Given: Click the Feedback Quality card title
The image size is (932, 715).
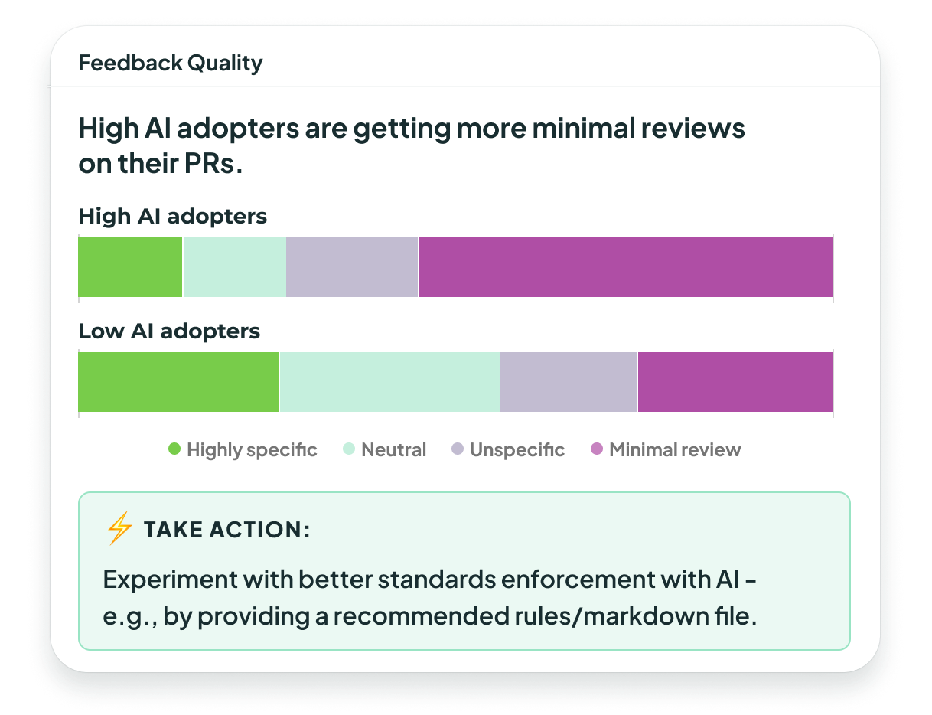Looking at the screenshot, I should click(x=170, y=63).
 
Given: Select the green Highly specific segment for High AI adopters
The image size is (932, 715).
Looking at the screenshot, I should click(x=130, y=266).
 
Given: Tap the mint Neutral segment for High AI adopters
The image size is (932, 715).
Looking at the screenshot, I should click(x=234, y=266).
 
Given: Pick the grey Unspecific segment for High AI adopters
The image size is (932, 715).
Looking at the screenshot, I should click(x=352, y=266).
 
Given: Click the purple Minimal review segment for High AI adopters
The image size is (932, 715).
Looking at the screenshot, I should click(x=625, y=266).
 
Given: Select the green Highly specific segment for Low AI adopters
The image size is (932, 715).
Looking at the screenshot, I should click(x=178, y=382).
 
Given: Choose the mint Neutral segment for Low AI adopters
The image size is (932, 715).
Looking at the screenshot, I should click(x=389, y=382).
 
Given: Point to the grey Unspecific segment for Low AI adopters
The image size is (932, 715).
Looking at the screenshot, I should click(x=569, y=382).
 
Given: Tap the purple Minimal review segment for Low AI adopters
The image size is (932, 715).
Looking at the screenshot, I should click(x=735, y=382).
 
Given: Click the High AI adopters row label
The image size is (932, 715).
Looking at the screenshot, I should click(x=172, y=217).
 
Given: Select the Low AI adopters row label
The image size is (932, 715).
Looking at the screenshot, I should click(x=169, y=331).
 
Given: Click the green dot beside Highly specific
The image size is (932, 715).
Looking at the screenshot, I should click(x=174, y=449).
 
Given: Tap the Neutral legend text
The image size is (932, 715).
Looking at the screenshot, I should click(x=393, y=450).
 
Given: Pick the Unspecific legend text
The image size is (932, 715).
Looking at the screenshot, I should click(x=517, y=450).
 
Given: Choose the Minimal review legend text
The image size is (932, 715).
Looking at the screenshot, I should click(x=675, y=450).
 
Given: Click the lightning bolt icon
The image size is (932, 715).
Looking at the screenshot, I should click(x=119, y=529).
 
